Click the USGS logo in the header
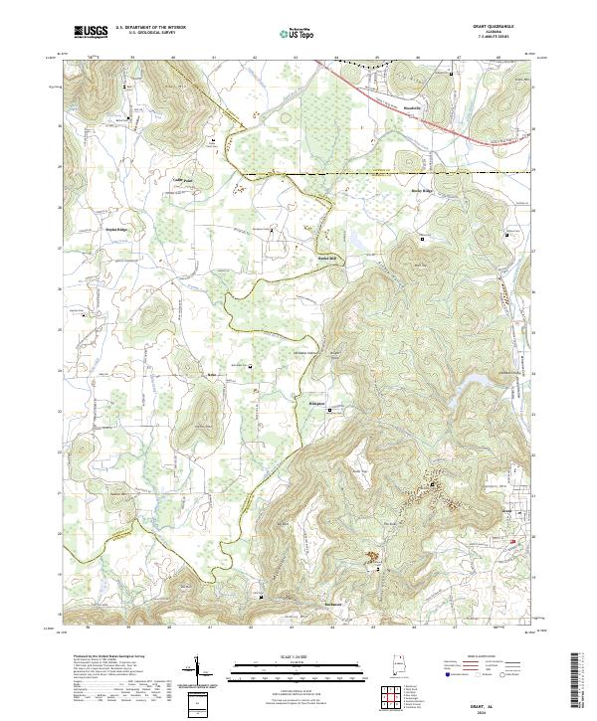(91, 32)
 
